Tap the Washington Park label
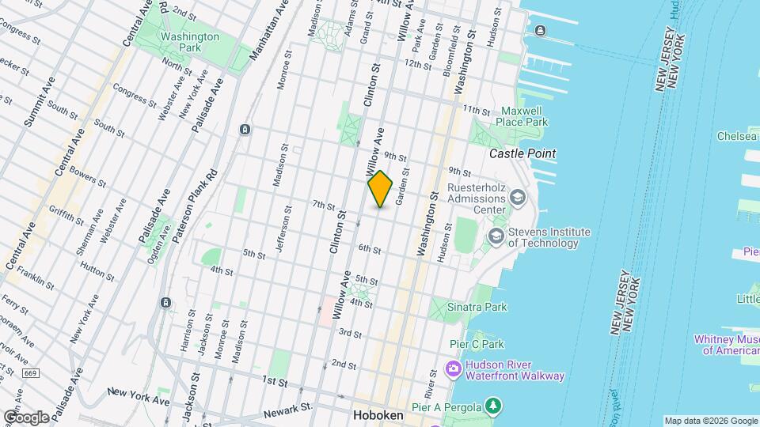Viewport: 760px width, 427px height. point(189,42)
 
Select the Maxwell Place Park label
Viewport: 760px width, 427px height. point(522,116)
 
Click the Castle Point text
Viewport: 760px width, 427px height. point(522,153)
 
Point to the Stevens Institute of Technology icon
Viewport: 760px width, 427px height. point(496,235)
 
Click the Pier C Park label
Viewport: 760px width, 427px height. point(477,344)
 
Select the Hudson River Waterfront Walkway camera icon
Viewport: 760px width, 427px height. point(454,369)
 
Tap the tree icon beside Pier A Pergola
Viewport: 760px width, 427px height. point(494,406)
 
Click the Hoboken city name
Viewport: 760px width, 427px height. point(378,415)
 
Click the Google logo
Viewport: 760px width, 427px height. point(26,417)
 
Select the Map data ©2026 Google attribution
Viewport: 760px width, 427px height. point(710,421)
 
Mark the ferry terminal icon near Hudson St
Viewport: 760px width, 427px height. point(540,31)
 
